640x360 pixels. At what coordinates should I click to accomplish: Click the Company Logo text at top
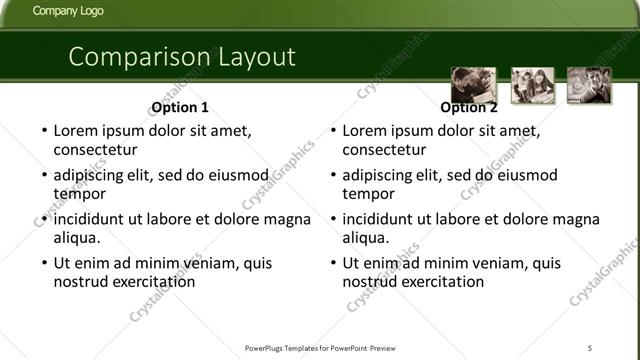tap(67, 12)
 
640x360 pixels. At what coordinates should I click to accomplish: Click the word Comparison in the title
tap(133, 57)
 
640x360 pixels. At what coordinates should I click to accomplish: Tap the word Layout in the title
tap(251, 57)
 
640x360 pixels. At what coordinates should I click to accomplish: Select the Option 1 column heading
tap(180, 108)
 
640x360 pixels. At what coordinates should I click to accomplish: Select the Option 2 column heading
tap(468, 108)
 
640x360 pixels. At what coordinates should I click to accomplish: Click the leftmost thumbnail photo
tap(473, 85)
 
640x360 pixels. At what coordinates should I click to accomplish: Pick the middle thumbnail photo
tap(531, 85)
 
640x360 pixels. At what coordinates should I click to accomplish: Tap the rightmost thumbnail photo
tap(589, 85)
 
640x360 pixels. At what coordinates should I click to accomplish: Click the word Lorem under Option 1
tap(76, 131)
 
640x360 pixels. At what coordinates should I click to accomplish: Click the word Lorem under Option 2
tap(365, 131)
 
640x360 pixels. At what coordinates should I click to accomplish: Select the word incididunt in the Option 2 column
tap(385, 220)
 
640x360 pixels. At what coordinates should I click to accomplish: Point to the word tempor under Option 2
tap(369, 194)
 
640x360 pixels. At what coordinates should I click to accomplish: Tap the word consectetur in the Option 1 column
tap(95, 150)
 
